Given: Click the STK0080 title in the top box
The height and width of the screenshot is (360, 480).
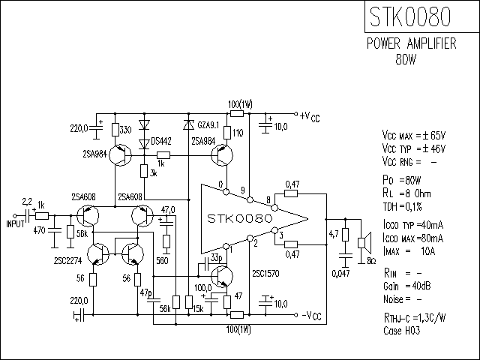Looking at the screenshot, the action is click(x=410, y=16).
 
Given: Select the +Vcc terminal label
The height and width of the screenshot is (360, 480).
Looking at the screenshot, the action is click(x=310, y=117).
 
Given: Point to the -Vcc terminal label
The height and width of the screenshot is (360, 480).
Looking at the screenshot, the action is click(x=312, y=316).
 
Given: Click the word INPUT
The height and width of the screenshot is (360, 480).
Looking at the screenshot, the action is click(x=15, y=224).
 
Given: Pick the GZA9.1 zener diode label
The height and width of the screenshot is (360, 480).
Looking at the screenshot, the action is click(x=208, y=125).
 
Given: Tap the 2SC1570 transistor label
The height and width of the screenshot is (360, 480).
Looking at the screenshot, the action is click(x=265, y=273).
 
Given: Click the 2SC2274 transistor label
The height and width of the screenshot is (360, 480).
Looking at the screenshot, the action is click(x=68, y=260).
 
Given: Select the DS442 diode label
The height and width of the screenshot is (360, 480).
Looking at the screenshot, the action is click(x=161, y=142).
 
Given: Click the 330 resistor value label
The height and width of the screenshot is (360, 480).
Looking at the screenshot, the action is click(x=125, y=130).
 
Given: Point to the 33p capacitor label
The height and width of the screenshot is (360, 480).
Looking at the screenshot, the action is click(x=217, y=258).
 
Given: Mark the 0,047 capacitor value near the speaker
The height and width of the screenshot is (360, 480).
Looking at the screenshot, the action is click(x=340, y=273).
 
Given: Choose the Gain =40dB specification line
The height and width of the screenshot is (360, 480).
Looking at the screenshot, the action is click(x=406, y=286).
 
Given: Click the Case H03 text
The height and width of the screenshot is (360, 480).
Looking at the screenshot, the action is click(x=402, y=331).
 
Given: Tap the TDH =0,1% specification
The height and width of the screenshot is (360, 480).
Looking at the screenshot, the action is click(x=402, y=207).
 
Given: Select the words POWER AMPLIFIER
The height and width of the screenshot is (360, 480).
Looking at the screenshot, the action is click(x=412, y=43).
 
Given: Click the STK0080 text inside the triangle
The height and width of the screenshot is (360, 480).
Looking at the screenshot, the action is click(x=239, y=218).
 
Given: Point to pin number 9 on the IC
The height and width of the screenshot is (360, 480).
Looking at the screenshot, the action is click(x=243, y=190).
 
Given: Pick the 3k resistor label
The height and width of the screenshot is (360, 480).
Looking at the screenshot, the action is click(x=153, y=173).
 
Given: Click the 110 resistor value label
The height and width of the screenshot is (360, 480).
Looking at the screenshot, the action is click(x=238, y=133).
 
